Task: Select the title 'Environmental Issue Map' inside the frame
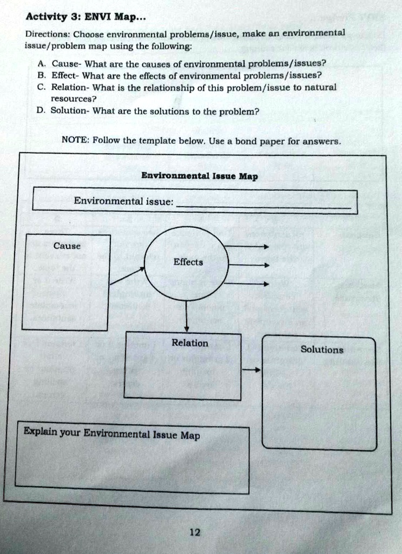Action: pos(199,176)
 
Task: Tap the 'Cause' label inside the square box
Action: pos(67,246)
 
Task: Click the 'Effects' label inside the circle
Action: pos(188,262)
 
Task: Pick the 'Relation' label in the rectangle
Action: pos(189,343)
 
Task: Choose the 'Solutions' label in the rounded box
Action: pos(321,349)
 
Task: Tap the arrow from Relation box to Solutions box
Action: pos(251,371)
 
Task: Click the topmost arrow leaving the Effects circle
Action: pos(247,247)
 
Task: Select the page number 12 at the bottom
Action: pos(195,532)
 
